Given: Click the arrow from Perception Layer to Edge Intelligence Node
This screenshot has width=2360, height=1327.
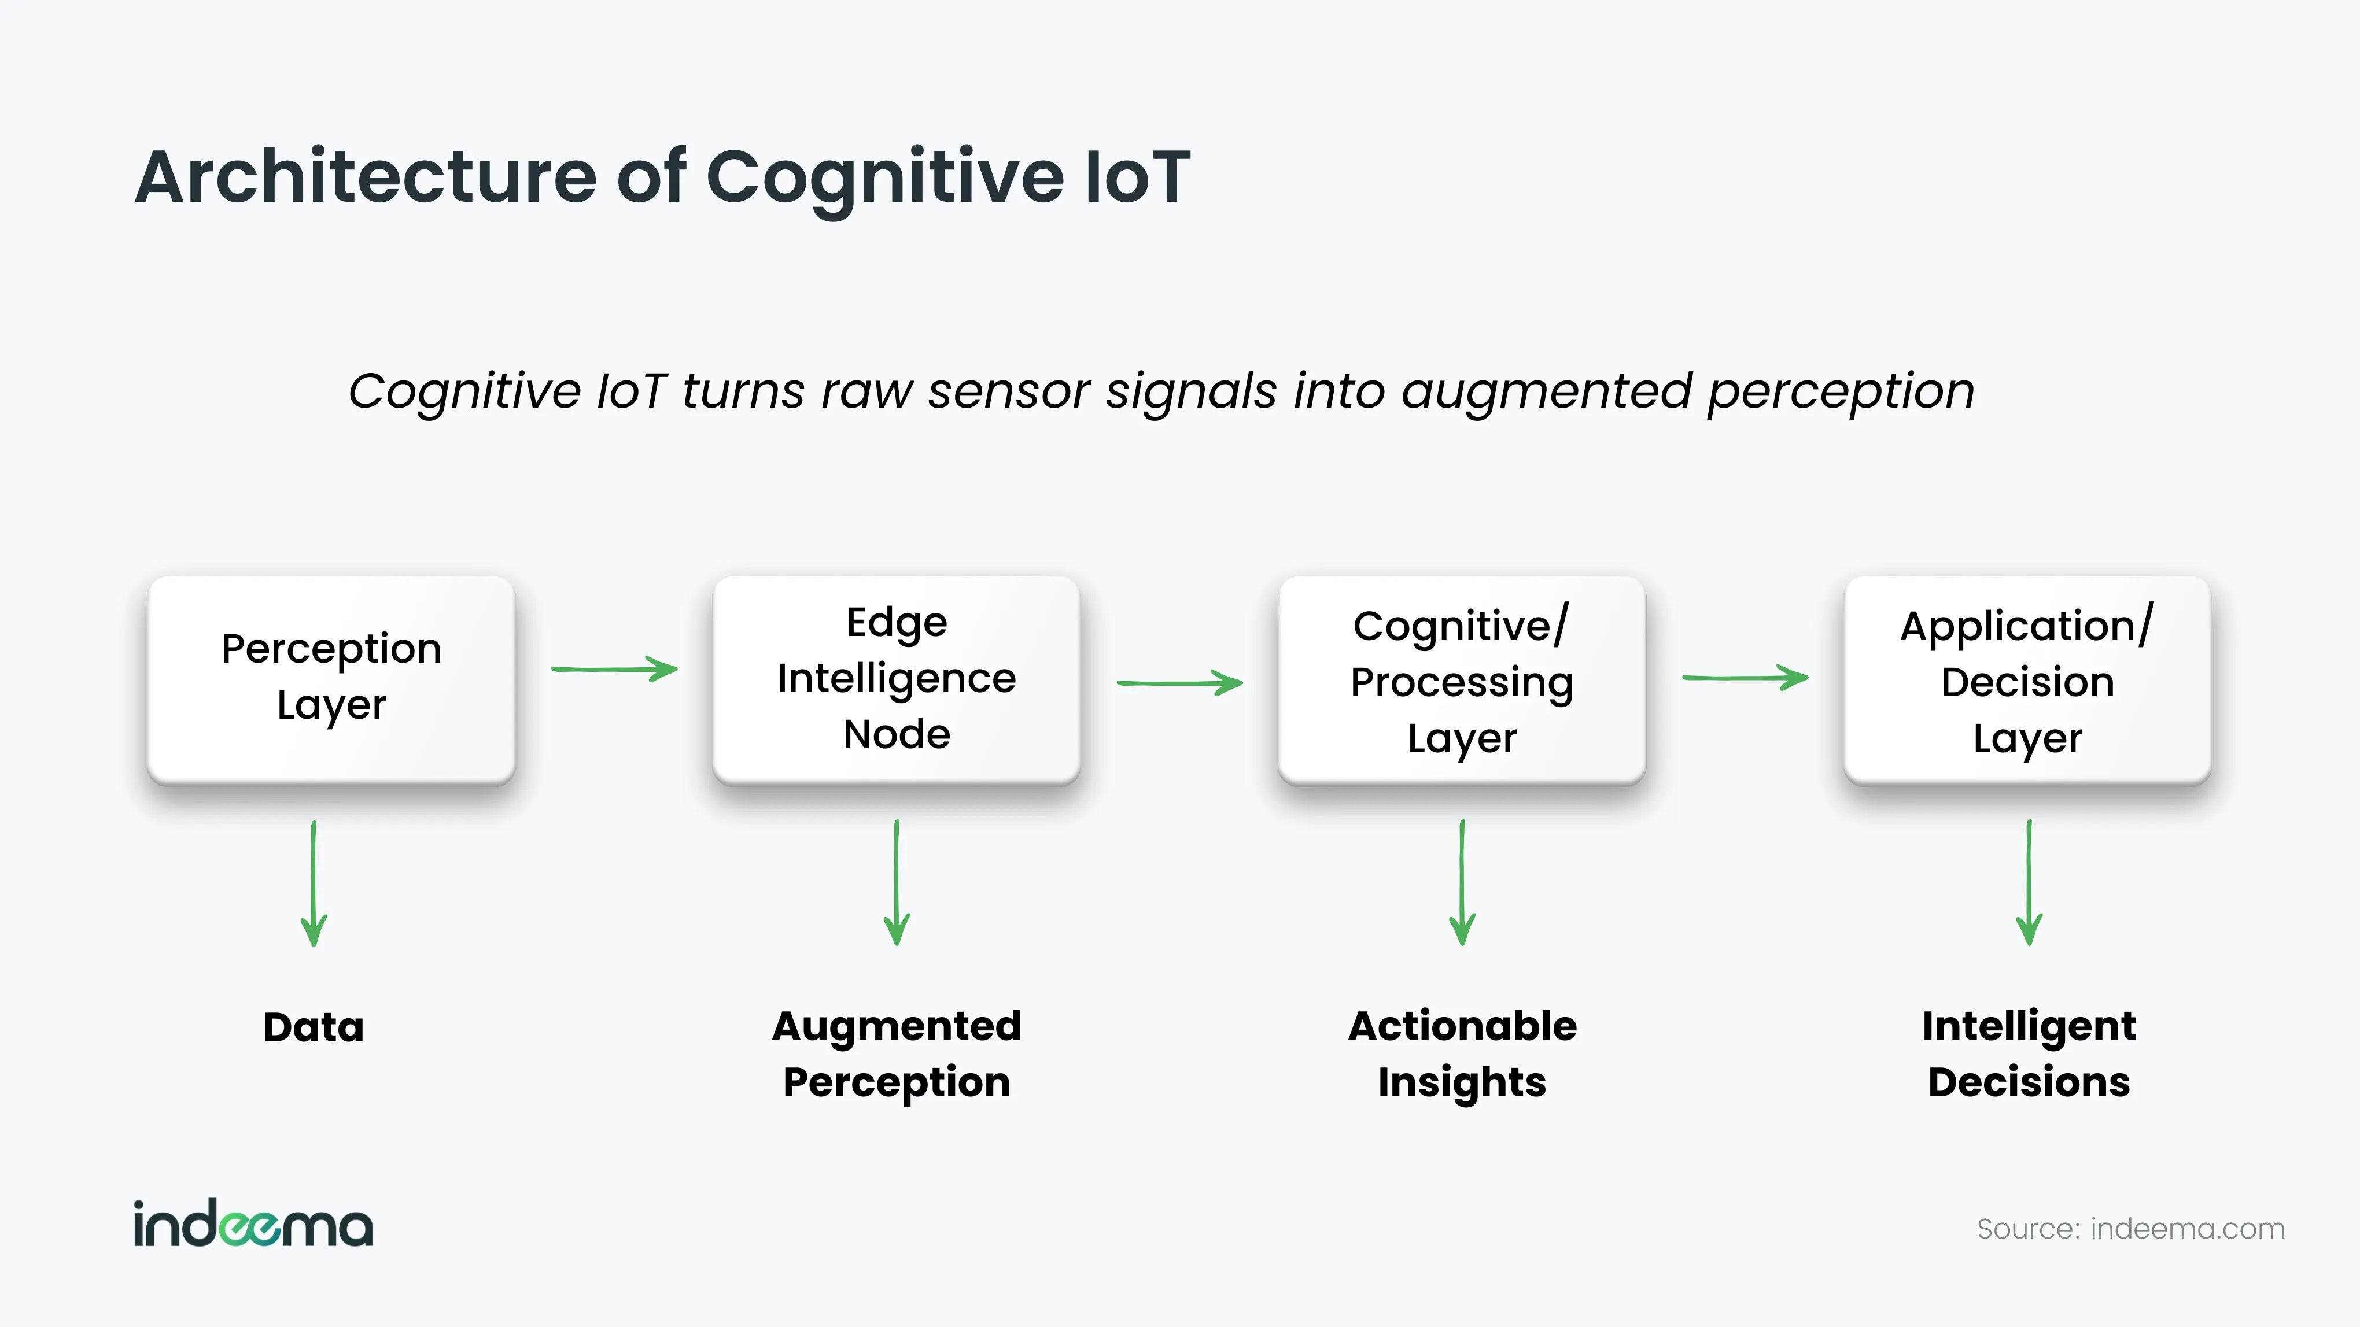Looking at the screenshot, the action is (x=614, y=670).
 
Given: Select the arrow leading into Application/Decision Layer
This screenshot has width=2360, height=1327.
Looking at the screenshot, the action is (x=1745, y=678).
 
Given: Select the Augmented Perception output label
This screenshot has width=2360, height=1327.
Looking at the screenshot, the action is (x=897, y=1054).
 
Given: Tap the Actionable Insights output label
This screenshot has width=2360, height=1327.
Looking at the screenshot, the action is (x=1462, y=1054).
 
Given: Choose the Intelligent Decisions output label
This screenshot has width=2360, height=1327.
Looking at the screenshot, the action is (x=2029, y=1054).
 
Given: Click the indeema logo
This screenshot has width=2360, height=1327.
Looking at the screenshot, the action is (x=253, y=1223).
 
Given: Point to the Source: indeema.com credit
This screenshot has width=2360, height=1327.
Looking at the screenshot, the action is (x=2131, y=1229).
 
